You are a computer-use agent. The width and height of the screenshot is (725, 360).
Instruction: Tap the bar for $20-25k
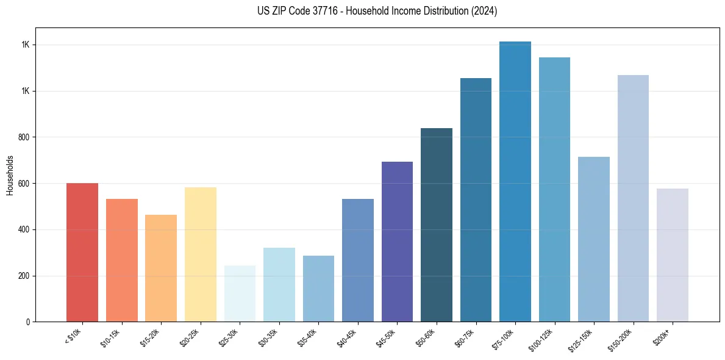tap(200, 254)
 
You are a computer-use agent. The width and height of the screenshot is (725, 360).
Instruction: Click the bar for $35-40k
tap(318, 289)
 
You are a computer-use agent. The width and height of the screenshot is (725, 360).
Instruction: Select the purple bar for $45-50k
tap(397, 242)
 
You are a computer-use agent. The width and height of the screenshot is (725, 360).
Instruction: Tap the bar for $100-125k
tap(554, 189)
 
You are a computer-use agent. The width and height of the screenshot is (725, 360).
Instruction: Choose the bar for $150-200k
tap(633, 198)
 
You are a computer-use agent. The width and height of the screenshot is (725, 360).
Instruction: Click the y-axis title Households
tap(10, 175)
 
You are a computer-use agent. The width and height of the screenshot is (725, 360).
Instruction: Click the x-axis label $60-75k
tap(465, 337)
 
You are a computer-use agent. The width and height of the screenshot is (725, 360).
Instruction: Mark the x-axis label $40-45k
tap(347, 337)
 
